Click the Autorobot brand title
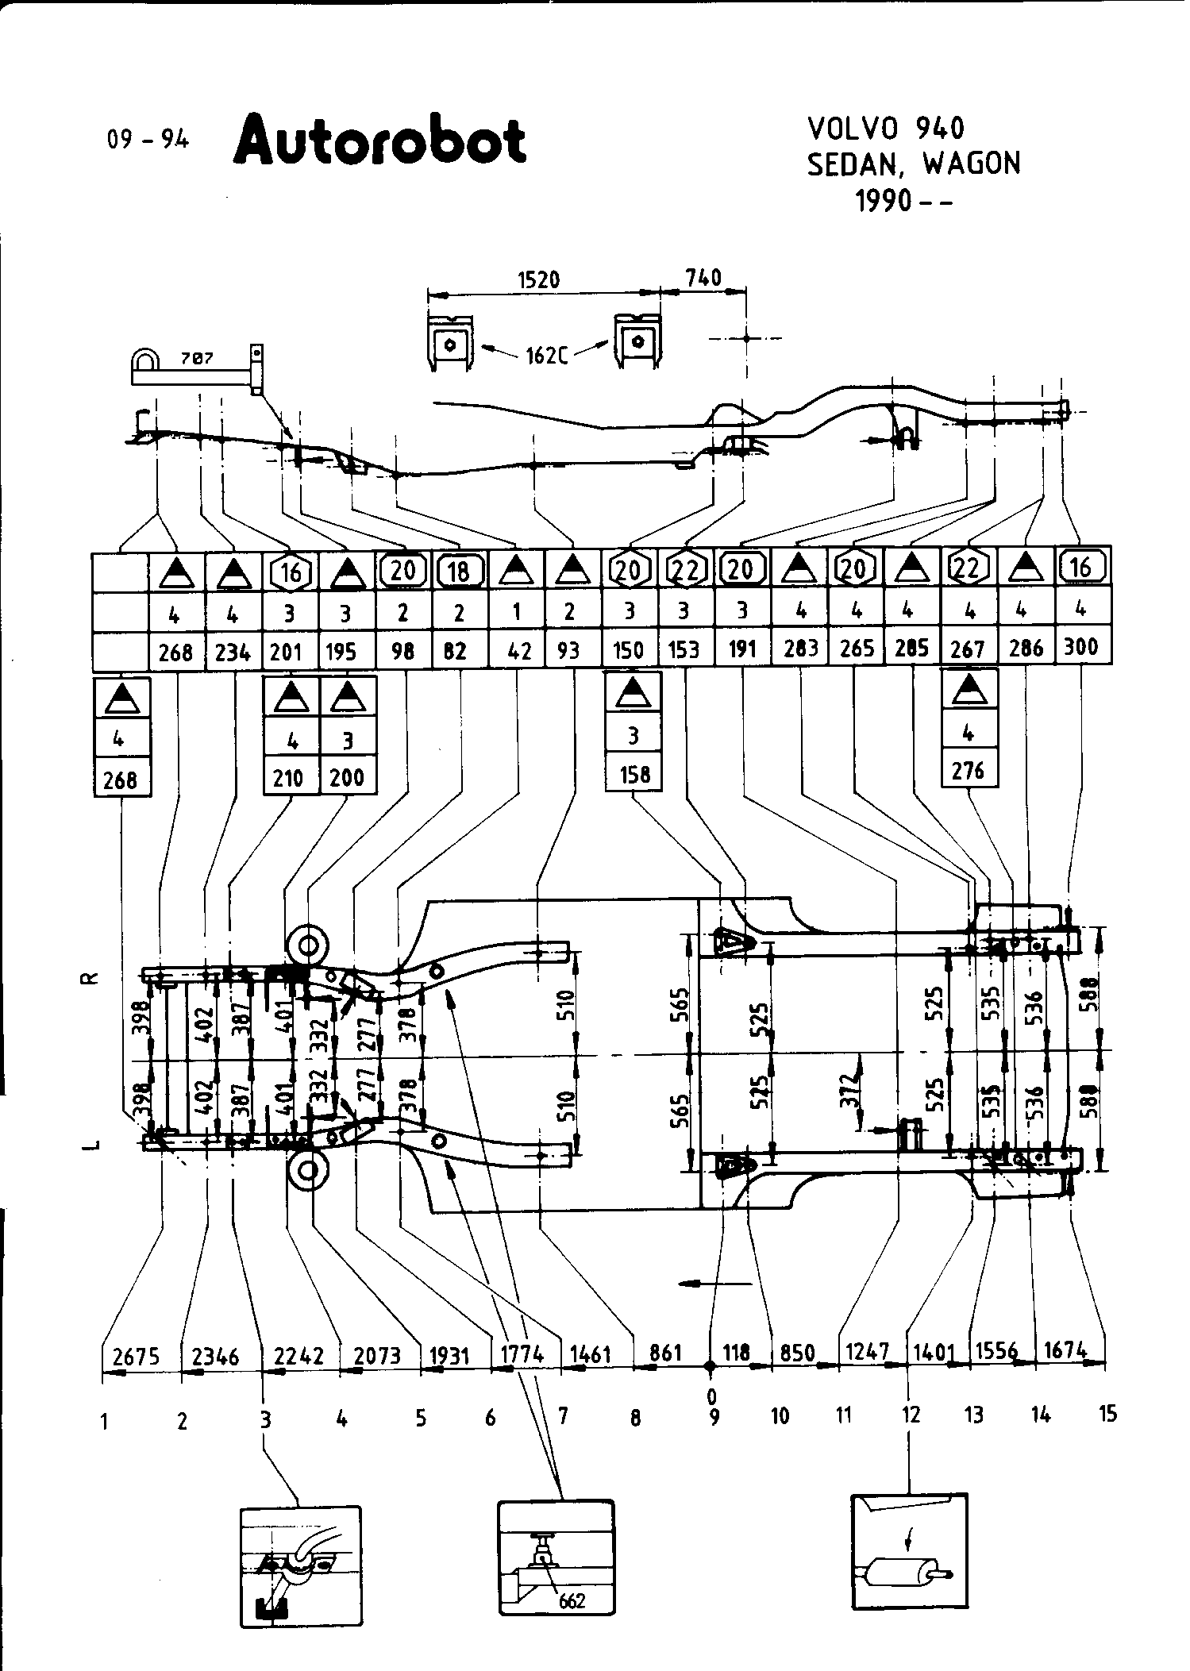(379, 141)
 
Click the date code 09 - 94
(148, 140)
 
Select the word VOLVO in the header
(852, 128)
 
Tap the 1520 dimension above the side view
(538, 279)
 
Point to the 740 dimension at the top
(703, 277)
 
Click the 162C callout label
(547, 356)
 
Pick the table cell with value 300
(1081, 647)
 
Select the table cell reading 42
(518, 651)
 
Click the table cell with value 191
(741, 649)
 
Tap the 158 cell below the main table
(634, 774)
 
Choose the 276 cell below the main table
(968, 769)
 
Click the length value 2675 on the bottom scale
(136, 1356)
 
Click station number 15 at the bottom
(1107, 1413)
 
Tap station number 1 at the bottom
(104, 1421)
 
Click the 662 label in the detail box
(572, 1600)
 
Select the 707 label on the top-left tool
(196, 357)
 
